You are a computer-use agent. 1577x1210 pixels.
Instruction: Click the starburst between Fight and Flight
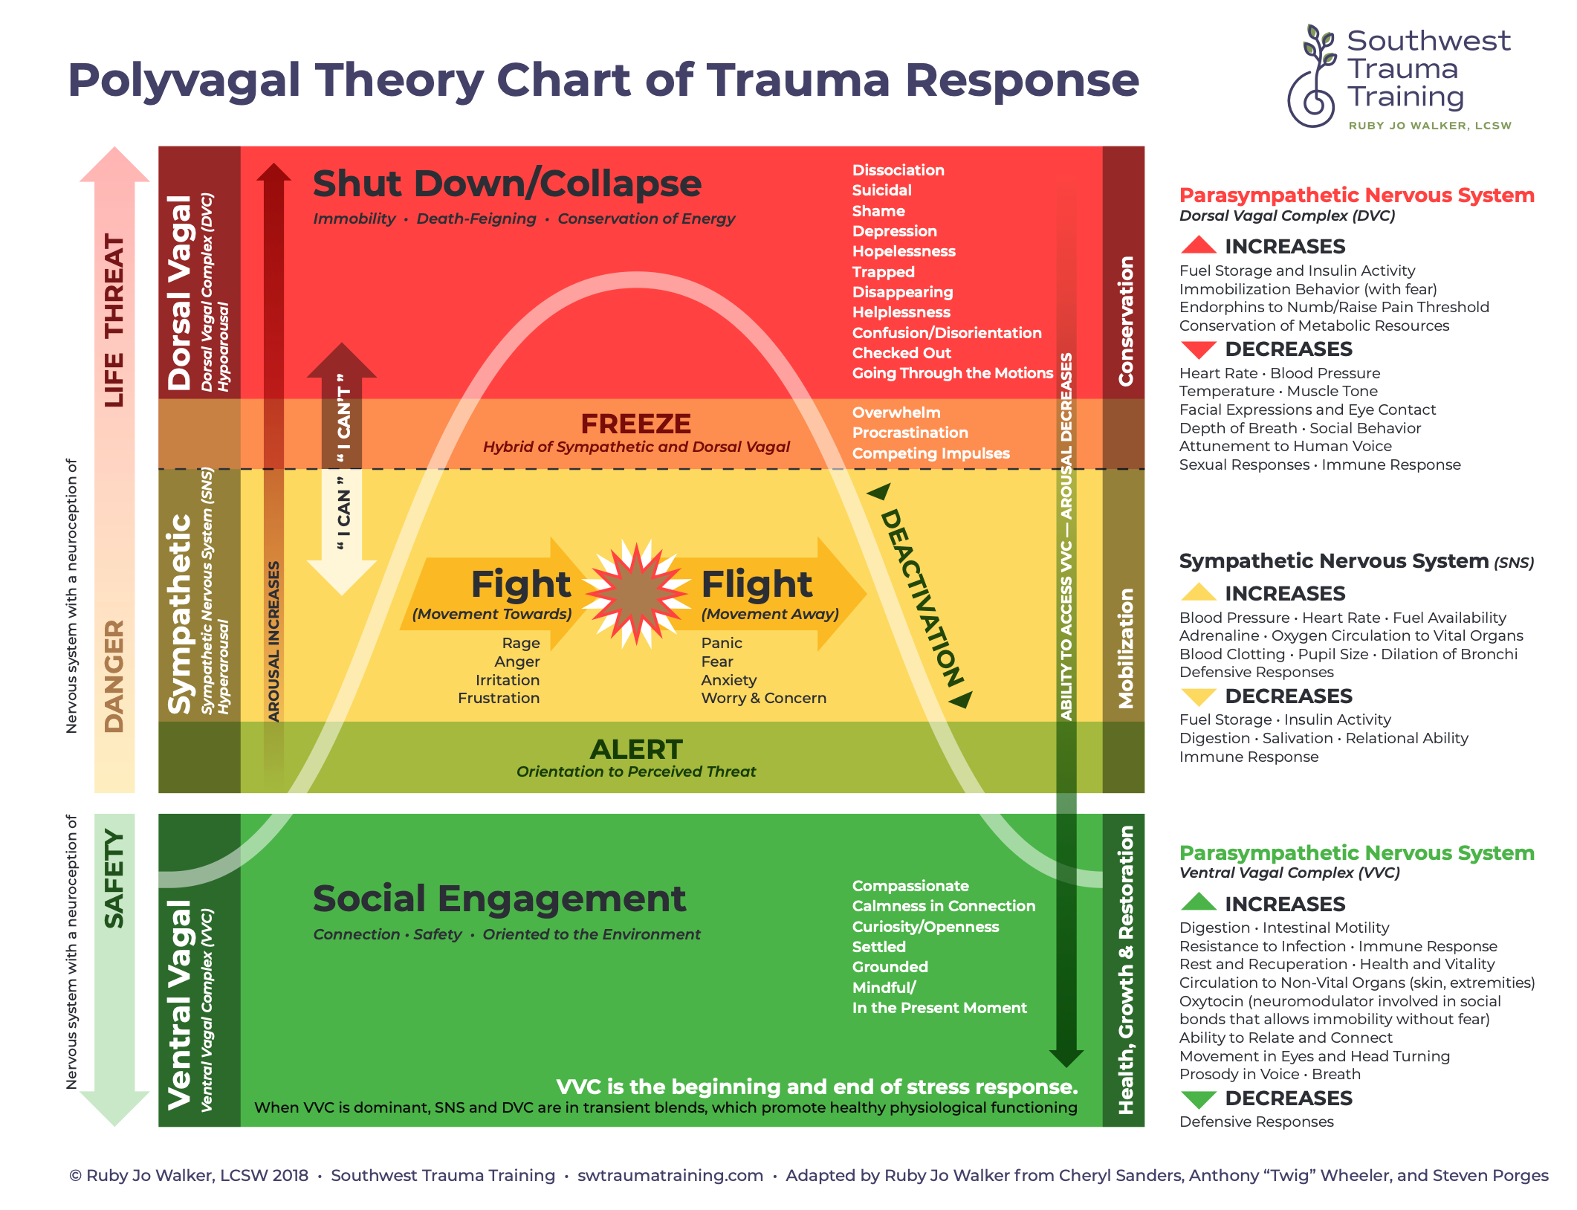pyautogui.click(x=636, y=594)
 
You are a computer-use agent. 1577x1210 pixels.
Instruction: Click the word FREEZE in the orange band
pyautogui.click(x=636, y=424)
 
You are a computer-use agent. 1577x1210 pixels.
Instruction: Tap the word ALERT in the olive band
pyautogui.click(x=636, y=749)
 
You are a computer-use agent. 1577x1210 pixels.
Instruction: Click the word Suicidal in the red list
pyautogui.click(x=881, y=190)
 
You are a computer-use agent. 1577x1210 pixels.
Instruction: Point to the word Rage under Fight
pyautogui.click(x=521, y=644)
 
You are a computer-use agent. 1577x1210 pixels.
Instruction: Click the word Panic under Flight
pyautogui.click(x=722, y=643)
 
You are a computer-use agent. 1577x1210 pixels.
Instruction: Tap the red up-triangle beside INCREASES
pyautogui.click(x=1198, y=245)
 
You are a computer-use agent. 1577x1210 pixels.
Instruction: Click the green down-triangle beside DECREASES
pyautogui.click(x=1198, y=1099)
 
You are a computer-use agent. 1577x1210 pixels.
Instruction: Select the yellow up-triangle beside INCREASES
pyautogui.click(x=1198, y=592)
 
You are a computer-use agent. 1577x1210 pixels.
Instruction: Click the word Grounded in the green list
pyautogui.click(x=890, y=967)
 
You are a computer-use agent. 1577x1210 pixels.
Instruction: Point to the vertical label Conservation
pyautogui.click(x=1126, y=321)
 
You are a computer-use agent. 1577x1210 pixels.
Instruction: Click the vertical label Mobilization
pyautogui.click(x=1126, y=648)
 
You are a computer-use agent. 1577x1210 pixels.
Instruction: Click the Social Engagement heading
pyautogui.click(x=499, y=899)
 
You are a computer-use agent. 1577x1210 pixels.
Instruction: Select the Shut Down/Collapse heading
pyautogui.click(x=507, y=184)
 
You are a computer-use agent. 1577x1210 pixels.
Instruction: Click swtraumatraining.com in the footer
pyautogui.click(x=670, y=1175)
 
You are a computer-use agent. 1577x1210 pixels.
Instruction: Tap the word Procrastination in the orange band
pyautogui.click(x=910, y=433)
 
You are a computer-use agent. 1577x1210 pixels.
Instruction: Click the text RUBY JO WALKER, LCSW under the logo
pyautogui.click(x=1430, y=126)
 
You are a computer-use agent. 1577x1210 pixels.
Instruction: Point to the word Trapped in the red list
pyautogui.click(x=883, y=272)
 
